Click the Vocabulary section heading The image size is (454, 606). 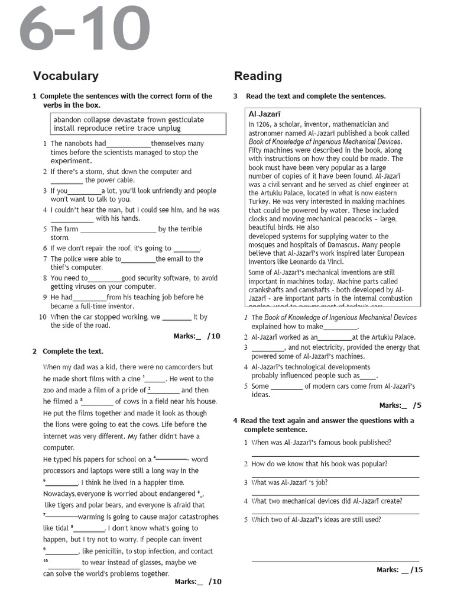point(66,76)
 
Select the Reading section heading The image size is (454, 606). point(258,76)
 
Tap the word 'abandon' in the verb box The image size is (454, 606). point(67,120)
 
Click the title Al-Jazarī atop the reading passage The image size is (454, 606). point(264,114)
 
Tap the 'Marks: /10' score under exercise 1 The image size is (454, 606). point(197,336)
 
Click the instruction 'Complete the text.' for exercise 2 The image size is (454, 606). point(73,352)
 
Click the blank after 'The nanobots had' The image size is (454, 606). point(128,144)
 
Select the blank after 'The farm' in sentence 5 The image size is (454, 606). point(118,230)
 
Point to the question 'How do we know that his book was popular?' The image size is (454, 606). point(319,464)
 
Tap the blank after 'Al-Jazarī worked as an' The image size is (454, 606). point(335,337)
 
